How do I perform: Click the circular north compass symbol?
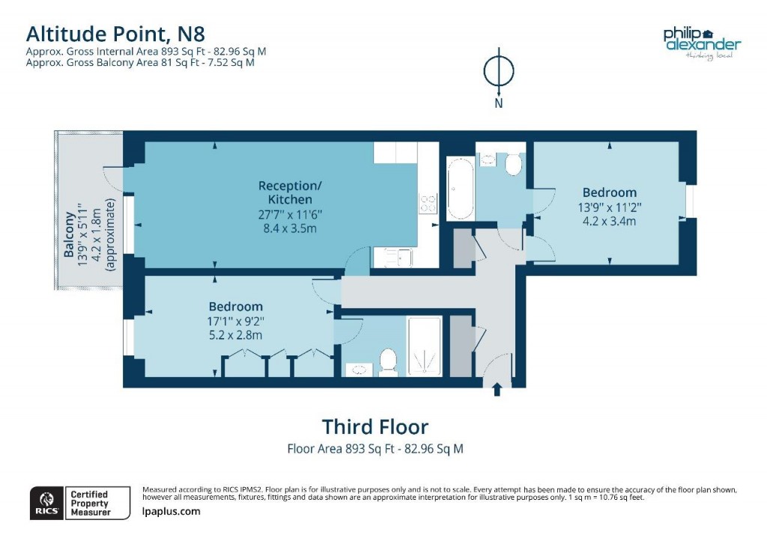[498, 71]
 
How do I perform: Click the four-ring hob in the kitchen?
[428, 204]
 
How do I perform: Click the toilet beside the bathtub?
[514, 164]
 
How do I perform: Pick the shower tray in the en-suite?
[425, 346]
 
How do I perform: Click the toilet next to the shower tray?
[388, 361]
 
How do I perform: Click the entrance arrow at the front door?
[497, 388]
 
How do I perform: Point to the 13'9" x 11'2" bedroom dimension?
[607, 207]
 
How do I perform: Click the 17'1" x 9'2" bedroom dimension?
[236, 321]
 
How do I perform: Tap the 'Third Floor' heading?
[375, 427]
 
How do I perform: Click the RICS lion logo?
[46, 501]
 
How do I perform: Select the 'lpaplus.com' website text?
[172, 512]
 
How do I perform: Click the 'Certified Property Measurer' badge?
[89, 503]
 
